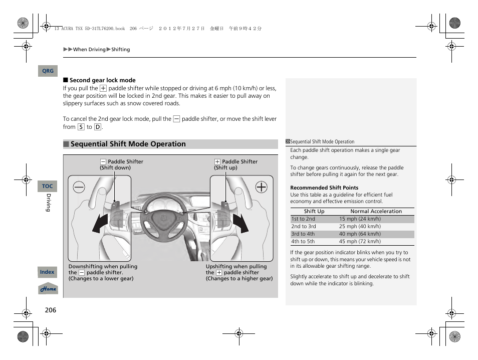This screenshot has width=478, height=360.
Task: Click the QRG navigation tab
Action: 48,71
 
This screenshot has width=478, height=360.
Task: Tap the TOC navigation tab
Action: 47,186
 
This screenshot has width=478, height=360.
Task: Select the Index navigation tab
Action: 47,272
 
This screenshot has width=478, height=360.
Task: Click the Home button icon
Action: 48,289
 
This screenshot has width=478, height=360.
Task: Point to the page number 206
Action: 50,310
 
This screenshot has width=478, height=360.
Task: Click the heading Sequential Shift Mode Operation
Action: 128,144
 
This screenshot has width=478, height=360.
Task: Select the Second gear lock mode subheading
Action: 102,80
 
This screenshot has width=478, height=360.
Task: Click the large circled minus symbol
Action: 79,187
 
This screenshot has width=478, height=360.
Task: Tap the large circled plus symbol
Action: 261,187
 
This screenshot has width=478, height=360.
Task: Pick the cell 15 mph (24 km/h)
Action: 360,219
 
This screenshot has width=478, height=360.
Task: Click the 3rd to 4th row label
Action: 303,234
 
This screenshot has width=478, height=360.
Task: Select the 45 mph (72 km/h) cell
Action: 360,242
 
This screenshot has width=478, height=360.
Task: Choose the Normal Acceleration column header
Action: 376,212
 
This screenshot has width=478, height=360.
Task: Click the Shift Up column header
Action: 314,212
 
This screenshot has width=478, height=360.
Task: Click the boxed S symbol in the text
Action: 81,127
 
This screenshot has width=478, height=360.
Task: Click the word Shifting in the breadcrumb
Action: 121,50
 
